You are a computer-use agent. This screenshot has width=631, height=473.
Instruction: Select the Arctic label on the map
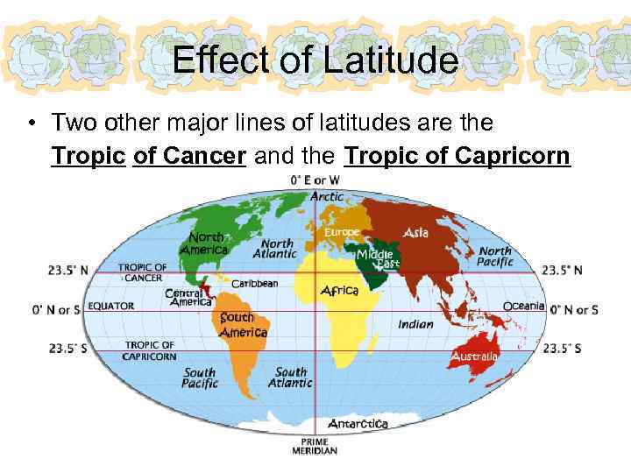point(327,196)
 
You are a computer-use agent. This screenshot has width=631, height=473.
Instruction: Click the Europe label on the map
point(342,232)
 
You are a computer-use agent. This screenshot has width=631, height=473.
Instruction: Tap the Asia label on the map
point(416,232)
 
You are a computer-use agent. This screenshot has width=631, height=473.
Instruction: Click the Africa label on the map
point(340,290)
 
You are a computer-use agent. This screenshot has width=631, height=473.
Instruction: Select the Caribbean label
point(254,283)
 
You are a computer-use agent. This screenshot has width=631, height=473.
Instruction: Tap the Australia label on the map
point(475,357)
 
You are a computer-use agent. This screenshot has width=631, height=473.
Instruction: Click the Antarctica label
point(358,423)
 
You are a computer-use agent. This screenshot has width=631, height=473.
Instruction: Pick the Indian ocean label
point(415,324)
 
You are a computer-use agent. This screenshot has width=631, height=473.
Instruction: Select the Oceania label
point(523,306)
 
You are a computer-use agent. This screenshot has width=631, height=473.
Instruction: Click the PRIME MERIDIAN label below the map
point(315,446)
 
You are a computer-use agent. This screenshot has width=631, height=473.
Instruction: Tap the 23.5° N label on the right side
point(562,271)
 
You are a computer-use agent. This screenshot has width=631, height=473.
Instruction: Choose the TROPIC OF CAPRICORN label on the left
point(150,350)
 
